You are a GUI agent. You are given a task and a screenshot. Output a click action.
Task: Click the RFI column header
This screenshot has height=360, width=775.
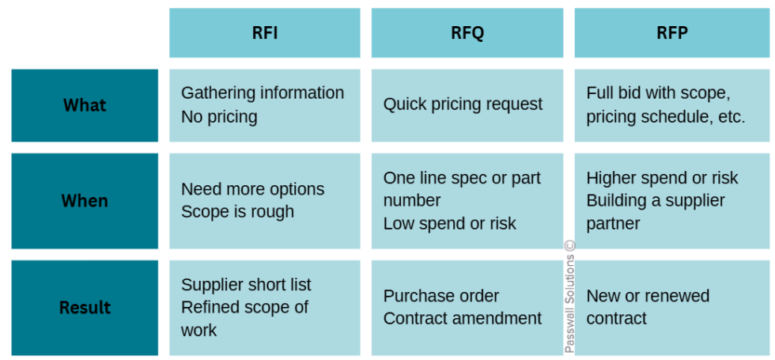264,33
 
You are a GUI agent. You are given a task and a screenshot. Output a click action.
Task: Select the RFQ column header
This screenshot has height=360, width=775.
467,33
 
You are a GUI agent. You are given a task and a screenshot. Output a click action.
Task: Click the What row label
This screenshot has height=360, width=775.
85,105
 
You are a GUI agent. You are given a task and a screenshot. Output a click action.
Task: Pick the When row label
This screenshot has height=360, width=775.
85,201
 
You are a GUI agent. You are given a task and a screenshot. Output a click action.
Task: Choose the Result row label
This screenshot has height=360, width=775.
85,308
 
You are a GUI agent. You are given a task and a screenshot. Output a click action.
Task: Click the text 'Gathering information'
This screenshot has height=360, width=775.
263,93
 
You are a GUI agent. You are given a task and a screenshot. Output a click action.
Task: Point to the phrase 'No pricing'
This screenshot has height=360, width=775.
219,117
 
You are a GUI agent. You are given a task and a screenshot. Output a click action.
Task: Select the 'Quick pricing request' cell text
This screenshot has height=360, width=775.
463,104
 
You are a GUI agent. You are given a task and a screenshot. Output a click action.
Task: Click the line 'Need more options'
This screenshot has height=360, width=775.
252,190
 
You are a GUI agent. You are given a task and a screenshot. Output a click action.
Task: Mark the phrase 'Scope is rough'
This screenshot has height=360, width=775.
237,212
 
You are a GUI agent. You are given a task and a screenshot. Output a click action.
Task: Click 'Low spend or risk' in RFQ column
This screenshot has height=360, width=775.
449,224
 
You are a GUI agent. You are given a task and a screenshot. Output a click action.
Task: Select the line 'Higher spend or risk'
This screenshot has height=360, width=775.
662,178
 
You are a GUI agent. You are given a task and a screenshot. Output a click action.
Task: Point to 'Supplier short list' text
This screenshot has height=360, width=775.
246,285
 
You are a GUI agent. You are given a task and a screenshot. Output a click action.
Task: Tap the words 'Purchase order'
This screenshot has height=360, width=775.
441,296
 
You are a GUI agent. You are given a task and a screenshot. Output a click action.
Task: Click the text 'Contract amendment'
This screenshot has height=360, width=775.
463,319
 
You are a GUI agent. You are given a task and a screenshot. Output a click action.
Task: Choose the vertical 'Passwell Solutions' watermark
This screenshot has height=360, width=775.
569,297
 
